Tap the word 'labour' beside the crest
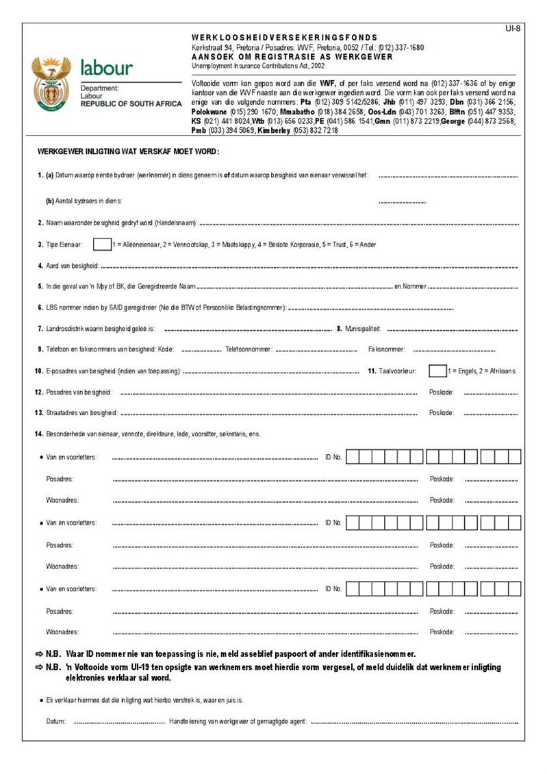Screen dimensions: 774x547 (x=107, y=68)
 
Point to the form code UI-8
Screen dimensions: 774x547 (x=512, y=28)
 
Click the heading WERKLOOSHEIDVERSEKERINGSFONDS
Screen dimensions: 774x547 (x=284, y=38)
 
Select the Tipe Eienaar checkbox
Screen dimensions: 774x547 (x=101, y=244)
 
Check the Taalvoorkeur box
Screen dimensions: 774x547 (x=437, y=371)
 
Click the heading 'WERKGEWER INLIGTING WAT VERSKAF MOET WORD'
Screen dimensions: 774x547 (x=128, y=152)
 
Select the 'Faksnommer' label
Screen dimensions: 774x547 (x=387, y=349)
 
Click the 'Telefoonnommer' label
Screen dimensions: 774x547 (x=249, y=349)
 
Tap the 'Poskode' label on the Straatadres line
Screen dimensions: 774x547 (x=441, y=413)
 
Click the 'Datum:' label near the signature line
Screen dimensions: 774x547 (x=56, y=722)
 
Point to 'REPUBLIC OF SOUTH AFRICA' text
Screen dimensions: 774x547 (x=131, y=104)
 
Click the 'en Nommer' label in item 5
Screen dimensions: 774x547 (x=410, y=286)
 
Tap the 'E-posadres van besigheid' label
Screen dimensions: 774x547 (x=113, y=371)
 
